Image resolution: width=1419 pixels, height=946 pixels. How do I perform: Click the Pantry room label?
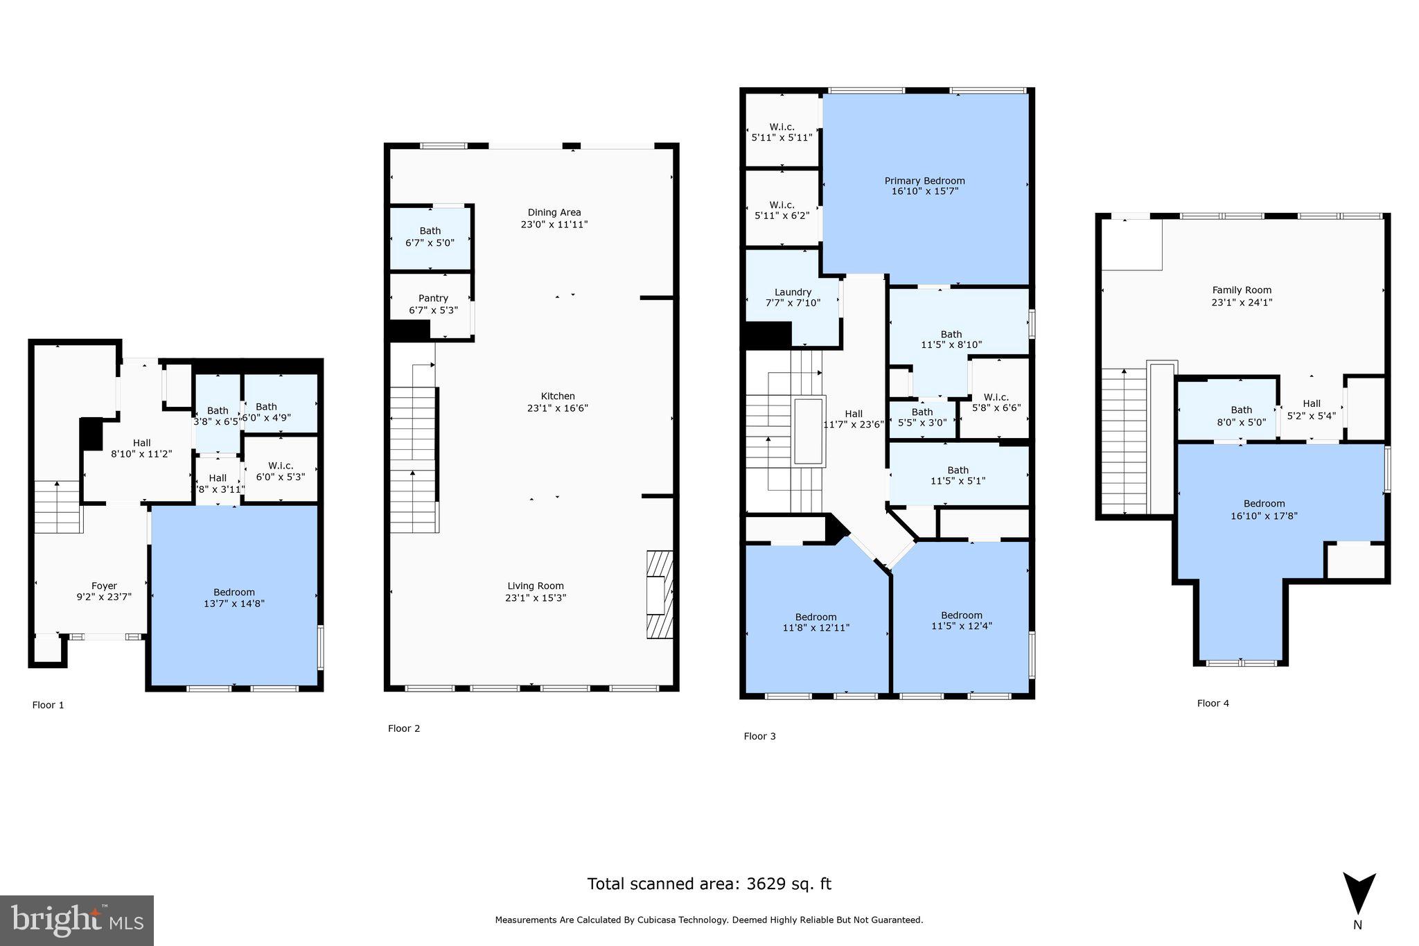pyautogui.click(x=433, y=298)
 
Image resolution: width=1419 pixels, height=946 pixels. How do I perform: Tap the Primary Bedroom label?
pyautogui.click(x=924, y=180)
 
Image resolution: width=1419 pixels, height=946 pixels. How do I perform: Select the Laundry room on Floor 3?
pyautogui.click(x=793, y=297)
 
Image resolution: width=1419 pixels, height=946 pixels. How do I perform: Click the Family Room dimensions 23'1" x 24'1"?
pyautogui.click(x=1242, y=302)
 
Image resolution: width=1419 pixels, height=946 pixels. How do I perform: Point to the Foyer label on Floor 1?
pyautogui.click(x=104, y=586)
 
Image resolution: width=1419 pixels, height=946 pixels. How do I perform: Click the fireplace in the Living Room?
pyautogui.click(x=659, y=594)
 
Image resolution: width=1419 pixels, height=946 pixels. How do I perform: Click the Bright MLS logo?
pyautogui.click(x=76, y=920)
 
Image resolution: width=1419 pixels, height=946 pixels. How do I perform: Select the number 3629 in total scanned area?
pyautogui.click(x=768, y=884)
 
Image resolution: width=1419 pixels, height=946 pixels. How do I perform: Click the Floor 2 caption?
pyautogui.click(x=404, y=728)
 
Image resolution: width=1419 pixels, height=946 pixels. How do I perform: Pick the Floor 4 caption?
pyautogui.click(x=1213, y=703)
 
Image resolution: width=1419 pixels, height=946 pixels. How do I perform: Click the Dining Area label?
pyautogui.click(x=554, y=212)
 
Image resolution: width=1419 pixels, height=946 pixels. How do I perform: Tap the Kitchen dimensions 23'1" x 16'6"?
pyautogui.click(x=558, y=408)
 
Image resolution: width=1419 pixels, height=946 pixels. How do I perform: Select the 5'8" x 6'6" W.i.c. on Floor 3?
pyautogui.click(x=995, y=403)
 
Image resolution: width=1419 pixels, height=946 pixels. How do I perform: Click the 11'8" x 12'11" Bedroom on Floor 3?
pyautogui.click(x=816, y=622)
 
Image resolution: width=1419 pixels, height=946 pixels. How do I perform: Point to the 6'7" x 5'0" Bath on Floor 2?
pyautogui.click(x=430, y=237)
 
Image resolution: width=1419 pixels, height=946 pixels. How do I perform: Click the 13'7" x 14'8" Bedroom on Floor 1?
pyautogui.click(x=234, y=597)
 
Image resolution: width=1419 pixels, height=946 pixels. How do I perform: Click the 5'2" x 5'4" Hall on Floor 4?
pyautogui.click(x=1311, y=410)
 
